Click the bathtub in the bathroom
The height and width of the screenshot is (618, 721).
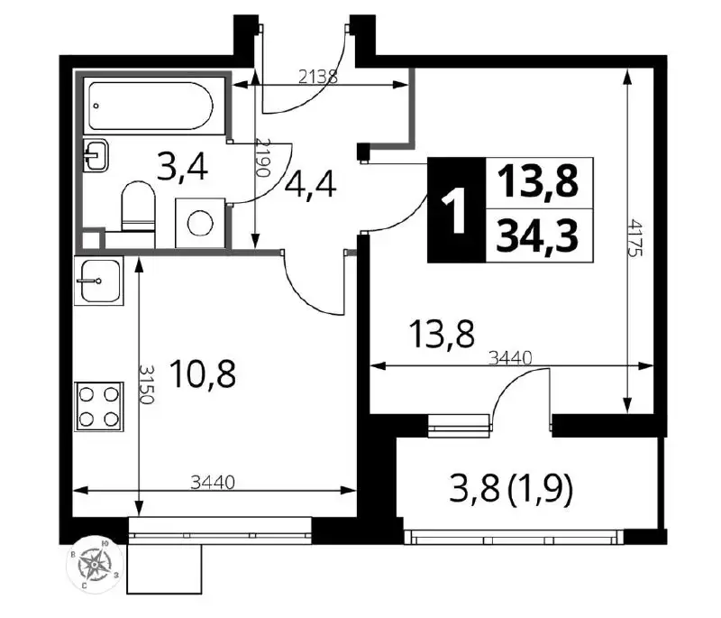point(151,106)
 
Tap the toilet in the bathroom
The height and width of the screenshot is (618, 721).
point(139,207)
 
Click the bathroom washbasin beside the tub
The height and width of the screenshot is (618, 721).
point(96,155)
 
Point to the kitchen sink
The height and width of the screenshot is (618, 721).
point(97,281)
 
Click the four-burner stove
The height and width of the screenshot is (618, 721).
point(99,406)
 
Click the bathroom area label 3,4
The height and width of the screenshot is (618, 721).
point(182,167)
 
